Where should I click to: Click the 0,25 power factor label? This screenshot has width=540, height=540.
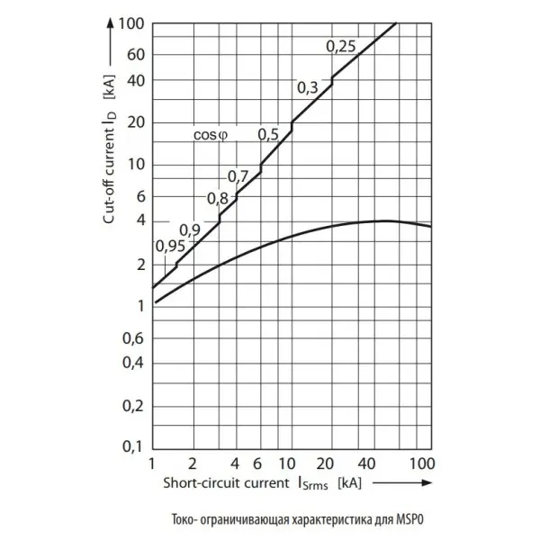[x=340, y=47]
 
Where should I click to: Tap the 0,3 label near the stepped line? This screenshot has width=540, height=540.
[x=308, y=88]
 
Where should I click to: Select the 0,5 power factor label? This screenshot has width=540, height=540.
[x=268, y=135]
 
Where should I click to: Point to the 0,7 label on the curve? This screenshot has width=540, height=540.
[x=238, y=176]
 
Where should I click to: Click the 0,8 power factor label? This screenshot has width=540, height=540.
[x=217, y=199]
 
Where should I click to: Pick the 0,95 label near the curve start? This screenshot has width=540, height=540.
[x=170, y=247]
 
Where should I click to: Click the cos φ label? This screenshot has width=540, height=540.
[x=211, y=135]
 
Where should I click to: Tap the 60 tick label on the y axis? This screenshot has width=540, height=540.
[x=135, y=55]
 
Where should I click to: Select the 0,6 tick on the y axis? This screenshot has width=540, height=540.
[x=133, y=339]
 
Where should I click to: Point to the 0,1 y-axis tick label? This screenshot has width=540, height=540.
[x=132, y=446]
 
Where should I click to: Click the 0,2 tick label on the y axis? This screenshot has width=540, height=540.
[x=133, y=407]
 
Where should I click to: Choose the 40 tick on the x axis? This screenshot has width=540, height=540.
[x=366, y=464]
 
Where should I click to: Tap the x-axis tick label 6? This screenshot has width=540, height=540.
[x=257, y=464]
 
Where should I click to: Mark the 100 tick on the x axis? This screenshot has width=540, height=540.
[x=422, y=463]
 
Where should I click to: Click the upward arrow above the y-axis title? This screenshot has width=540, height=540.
[x=110, y=41]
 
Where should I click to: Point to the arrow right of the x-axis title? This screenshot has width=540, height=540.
[x=402, y=482]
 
